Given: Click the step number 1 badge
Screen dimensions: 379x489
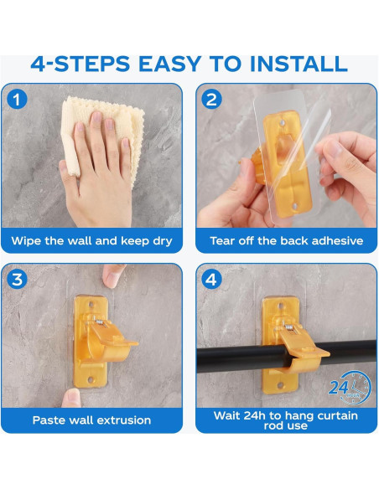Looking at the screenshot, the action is coord(17,99).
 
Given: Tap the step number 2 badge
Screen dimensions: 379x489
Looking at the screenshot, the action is coord(211,99).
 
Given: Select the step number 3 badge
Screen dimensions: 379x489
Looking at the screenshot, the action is coord(17,279).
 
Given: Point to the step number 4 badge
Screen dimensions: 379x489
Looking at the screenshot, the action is coord(211,279).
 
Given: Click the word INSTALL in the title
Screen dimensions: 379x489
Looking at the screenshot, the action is coord(299,64).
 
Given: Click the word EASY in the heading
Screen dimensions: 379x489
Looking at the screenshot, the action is coord(170,64).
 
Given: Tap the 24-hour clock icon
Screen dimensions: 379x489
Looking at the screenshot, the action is coord(350,388).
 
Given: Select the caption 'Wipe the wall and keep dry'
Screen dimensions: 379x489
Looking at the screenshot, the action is coord(91,241).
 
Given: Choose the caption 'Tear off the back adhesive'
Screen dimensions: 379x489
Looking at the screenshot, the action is coord(287,241).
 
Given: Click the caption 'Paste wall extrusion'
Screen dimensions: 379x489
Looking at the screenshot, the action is coord(91,420).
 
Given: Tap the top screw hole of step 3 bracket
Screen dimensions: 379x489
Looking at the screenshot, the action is coord(91,304).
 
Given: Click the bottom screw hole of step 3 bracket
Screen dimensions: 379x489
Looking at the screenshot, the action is coord(91,379).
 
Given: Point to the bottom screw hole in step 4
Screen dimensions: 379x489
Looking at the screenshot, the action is coord(280,385).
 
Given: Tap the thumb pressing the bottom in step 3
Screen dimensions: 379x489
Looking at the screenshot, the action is coord(71,398).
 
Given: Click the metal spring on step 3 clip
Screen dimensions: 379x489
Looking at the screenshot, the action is coord(101,322).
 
